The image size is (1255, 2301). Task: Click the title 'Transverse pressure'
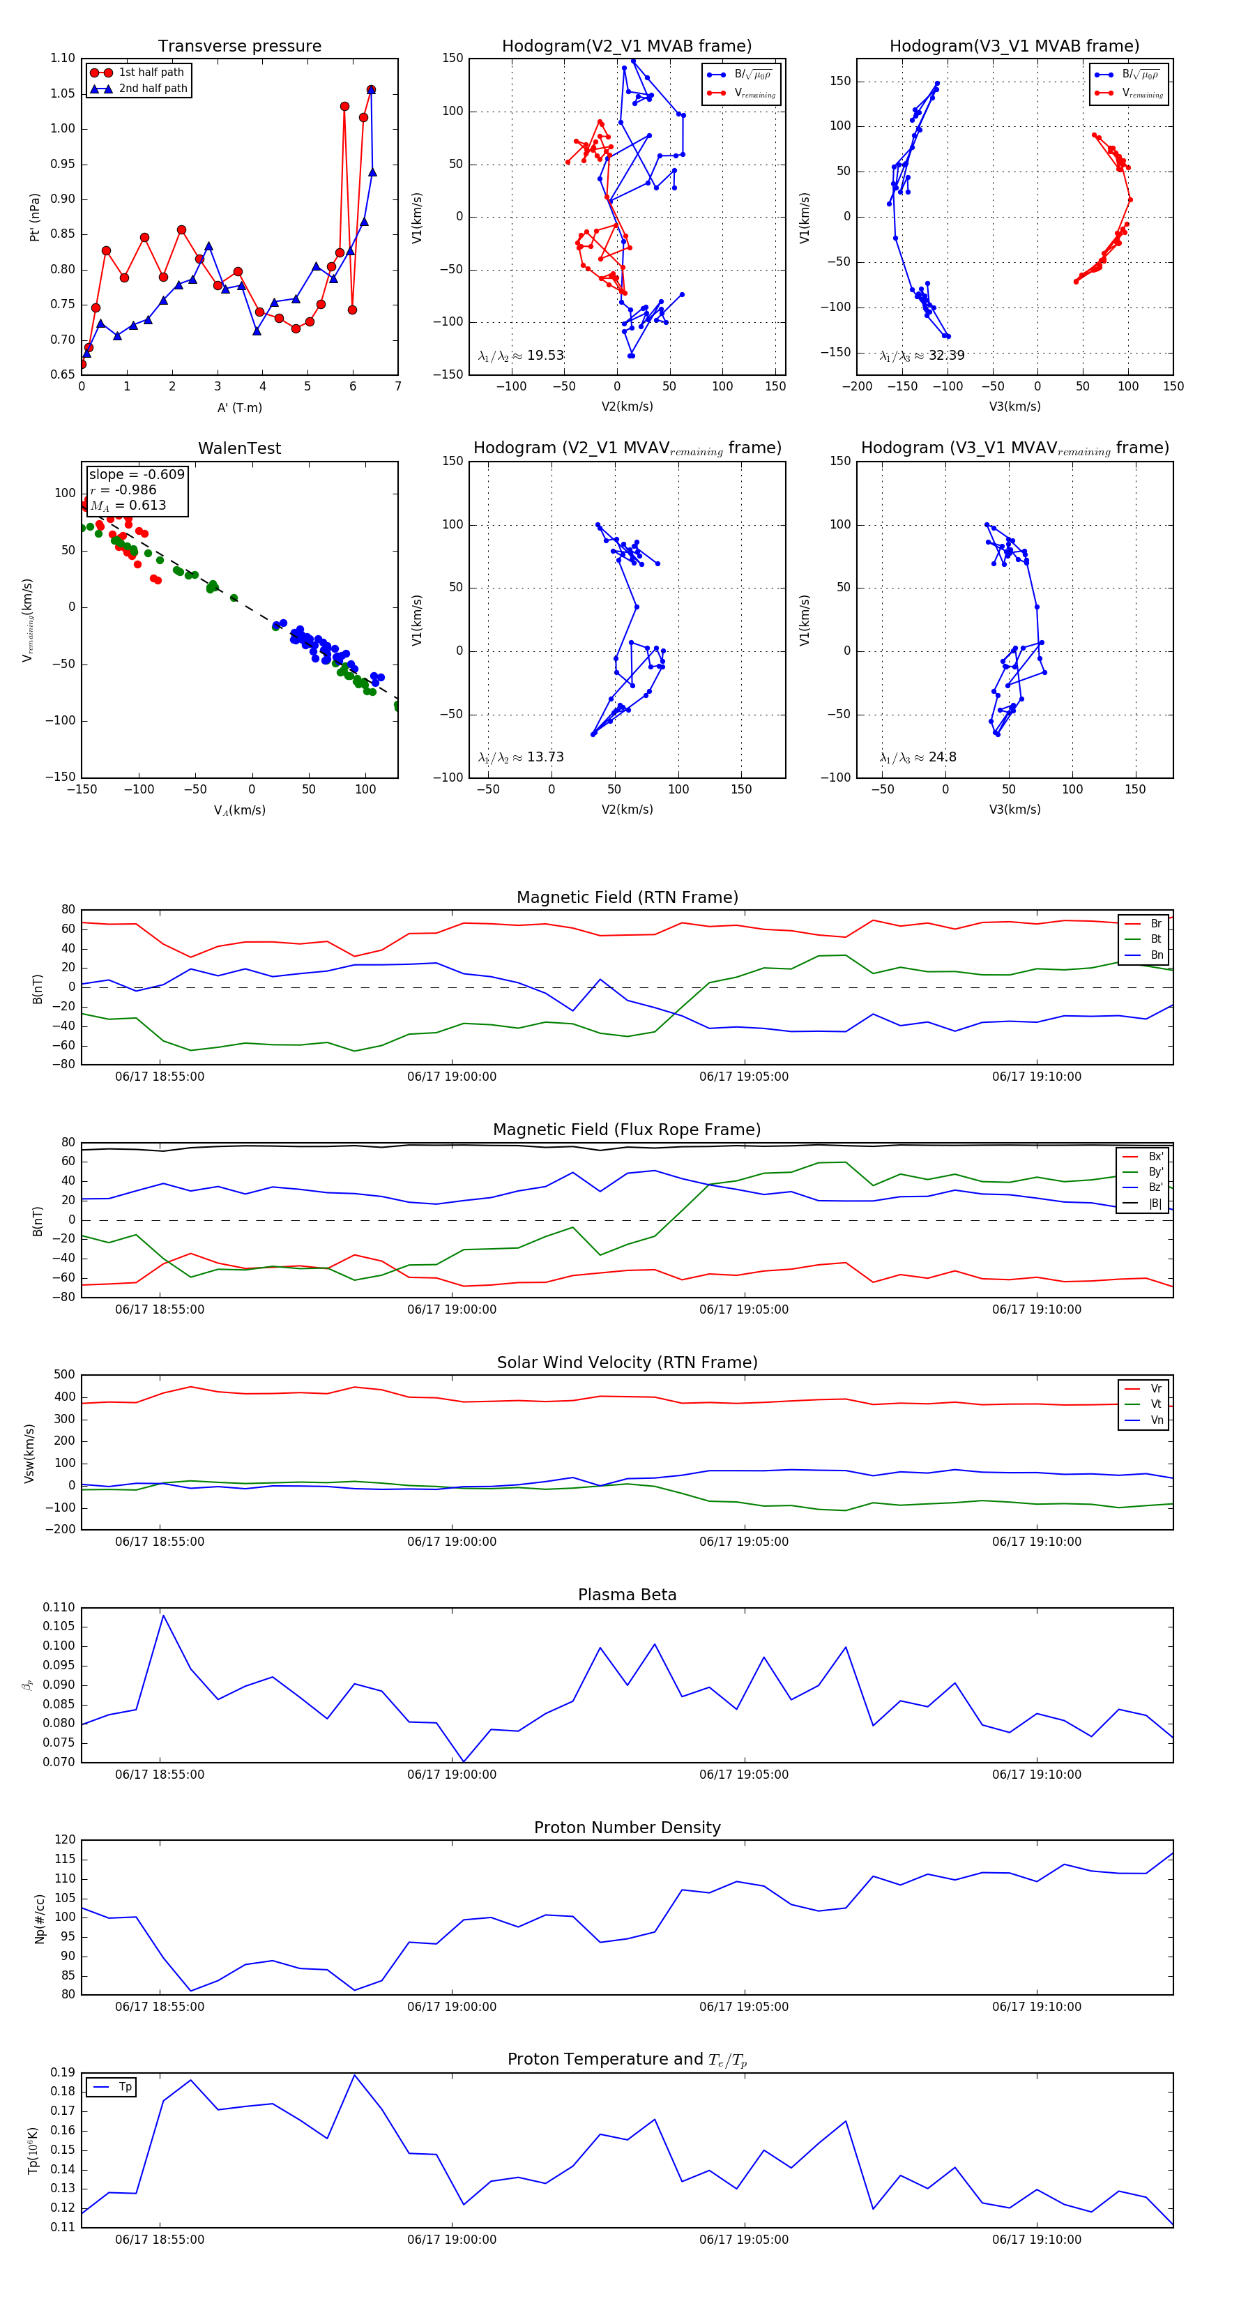pos(239,47)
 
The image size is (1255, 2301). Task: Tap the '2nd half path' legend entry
pos(153,89)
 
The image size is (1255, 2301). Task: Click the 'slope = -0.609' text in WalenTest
pos(137,474)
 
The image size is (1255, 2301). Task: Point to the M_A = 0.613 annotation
pos(128,506)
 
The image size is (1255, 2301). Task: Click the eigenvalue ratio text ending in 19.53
pos(521,356)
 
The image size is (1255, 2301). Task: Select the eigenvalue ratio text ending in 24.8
pos(918,757)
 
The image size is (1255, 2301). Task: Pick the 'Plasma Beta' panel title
pos(627,1595)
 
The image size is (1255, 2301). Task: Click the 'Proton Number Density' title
pos(627,1827)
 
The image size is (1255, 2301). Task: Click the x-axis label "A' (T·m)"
pos(239,407)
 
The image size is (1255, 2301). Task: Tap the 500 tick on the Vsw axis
pos(64,1375)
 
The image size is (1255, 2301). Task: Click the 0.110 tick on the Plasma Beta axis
pos(59,1607)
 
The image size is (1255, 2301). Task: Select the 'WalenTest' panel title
pos(239,448)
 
